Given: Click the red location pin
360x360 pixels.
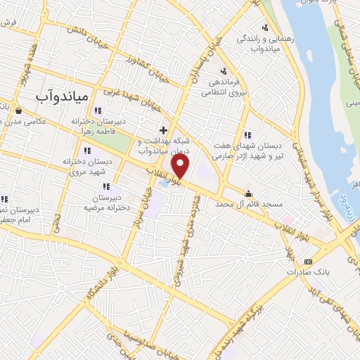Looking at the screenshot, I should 181,167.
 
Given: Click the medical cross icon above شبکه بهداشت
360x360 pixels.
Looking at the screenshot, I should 163,130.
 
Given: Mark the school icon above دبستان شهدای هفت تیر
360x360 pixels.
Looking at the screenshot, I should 246,135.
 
